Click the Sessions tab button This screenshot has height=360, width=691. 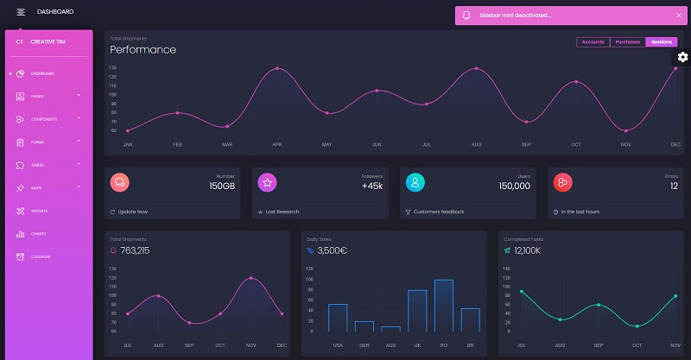662,41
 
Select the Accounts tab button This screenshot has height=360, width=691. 593,41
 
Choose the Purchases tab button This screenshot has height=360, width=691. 627,41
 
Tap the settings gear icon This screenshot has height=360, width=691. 682,57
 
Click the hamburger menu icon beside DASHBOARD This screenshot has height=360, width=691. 21,12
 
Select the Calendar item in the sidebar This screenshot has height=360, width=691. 41,256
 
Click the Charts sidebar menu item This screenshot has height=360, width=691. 39,234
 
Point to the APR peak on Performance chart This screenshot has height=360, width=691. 277,68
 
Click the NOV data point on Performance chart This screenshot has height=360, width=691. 626,130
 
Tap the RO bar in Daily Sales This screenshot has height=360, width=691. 444,306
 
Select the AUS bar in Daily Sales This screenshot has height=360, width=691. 390,328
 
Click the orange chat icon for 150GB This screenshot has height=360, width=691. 120,182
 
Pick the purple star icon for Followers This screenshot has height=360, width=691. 268,182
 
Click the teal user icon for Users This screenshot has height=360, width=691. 415,182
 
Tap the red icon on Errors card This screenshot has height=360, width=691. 563,182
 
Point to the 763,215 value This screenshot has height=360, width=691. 135,250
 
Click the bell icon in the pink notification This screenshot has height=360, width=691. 466,16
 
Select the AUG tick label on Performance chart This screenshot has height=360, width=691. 476,144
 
